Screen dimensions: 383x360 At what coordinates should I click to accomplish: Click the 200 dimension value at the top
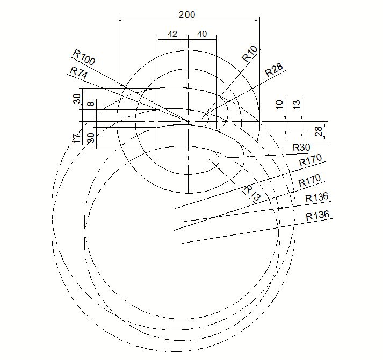click(187, 15)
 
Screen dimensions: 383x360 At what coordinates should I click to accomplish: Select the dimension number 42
click(172, 34)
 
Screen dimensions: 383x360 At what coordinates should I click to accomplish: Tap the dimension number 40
click(202, 34)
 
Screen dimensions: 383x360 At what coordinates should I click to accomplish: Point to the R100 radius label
click(84, 57)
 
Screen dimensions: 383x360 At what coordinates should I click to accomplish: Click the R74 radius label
click(78, 72)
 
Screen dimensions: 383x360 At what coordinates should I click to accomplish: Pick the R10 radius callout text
click(250, 54)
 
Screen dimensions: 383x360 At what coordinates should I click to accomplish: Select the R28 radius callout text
click(274, 70)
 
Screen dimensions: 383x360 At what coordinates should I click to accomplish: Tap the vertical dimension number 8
click(91, 104)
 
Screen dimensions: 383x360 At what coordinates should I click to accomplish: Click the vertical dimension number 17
click(77, 138)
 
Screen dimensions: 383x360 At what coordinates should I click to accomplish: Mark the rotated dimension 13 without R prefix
click(297, 105)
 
